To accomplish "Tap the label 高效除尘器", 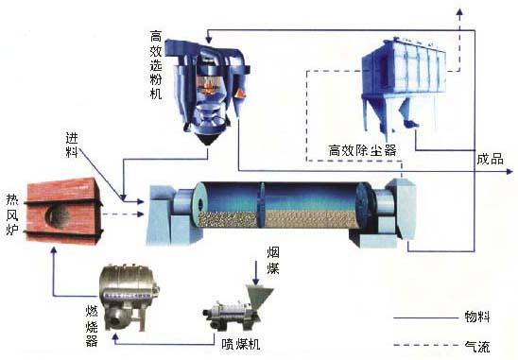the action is (x=362, y=149).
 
